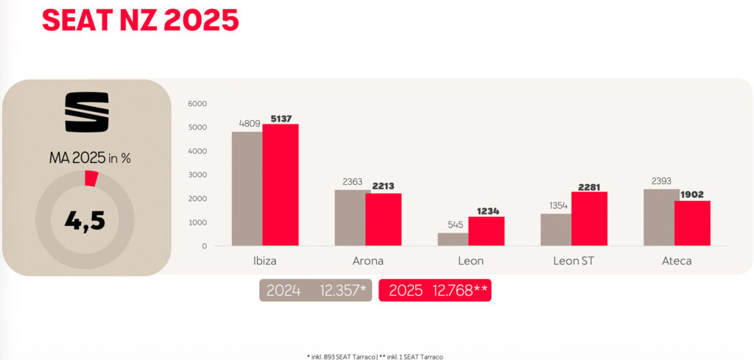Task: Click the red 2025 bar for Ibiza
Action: pyautogui.click(x=281, y=185)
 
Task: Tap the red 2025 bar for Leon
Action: pyautogui.click(x=487, y=231)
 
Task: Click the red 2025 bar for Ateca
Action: pyautogui.click(x=692, y=223)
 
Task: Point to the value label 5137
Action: pyautogui.click(x=281, y=118)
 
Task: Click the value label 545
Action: pyautogui.click(x=456, y=225)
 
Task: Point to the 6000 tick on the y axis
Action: pyautogui.click(x=198, y=104)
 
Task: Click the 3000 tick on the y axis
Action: pyautogui.click(x=198, y=175)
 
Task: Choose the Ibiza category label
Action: pyautogui.click(x=264, y=261)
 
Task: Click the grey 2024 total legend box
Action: pyautogui.click(x=315, y=290)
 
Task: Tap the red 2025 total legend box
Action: pyautogui.click(x=434, y=290)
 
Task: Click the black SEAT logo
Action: pyautogui.click(x=87, y=112)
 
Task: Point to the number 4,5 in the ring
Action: pyautogui.click(x=87, y=219)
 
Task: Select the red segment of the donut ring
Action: pyautogui.click(x=91, y=178)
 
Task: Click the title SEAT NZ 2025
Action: pyautogui.click(x=140, y=20)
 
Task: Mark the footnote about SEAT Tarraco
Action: pyautogui.click(x=376, y=356)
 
